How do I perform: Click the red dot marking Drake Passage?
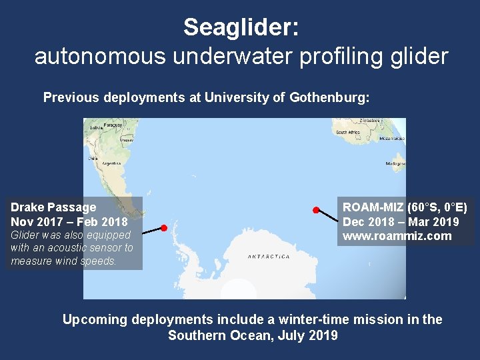[x=163, y=228]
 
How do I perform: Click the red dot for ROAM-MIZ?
[x=316, y=210]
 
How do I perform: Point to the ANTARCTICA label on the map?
[x=269, y=257]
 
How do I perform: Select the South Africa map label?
[x=349, y=133]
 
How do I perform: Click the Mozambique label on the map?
[x=391, y=138]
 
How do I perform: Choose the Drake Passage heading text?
[x=53, y=207]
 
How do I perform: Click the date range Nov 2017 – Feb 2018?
[x=69, y=221]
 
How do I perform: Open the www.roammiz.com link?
[x=397, y=236]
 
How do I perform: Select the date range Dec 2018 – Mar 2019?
[x=401, y=222]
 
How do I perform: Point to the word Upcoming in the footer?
[x=94, y=319]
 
